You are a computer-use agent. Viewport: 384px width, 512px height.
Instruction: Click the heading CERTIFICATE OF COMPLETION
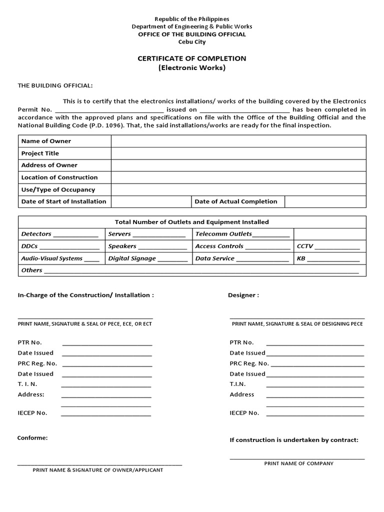pyautogui.click(x=192, y=58)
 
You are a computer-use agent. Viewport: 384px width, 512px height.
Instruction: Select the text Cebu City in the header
pyautogui.click(x=192, y=42)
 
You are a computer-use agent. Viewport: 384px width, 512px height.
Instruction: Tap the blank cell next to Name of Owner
pyautogui.click(x=238, y=141)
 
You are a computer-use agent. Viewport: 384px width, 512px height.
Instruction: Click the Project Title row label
pyautogui.click(x=40, y=153)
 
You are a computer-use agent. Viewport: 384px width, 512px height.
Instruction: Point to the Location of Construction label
pyautogui.click(x=59, y=177)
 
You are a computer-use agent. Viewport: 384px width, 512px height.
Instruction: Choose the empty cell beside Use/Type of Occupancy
pyautogui.click(x=238, y=189)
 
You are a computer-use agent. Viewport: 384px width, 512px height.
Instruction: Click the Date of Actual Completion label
pyautogui.click(x=235, y=201)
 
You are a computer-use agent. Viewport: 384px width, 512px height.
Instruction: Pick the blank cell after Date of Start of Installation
pyautogui.click(x=151, y=201)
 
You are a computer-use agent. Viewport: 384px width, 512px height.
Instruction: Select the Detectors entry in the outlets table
pyautogui.click(x=36, y=234)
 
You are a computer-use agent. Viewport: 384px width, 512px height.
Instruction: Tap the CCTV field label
pyautogui.click(x=305, y=246)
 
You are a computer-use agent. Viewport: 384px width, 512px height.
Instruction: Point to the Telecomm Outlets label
pyautogui.click(x=223, y=234)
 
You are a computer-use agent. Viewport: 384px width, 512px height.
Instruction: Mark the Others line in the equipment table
pyautogui.click(x=32, y=270)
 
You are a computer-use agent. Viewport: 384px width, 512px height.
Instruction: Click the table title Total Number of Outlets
pyautogui.click(x=192, y=222)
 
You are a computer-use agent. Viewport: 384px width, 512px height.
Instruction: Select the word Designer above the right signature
pyautogui.click(x=243, y=295)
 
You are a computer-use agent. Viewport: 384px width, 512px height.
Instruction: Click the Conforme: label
pyautogui.click(x=33, y=438)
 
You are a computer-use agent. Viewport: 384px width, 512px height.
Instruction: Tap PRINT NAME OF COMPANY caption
pyautogui.click(x=298, y=463)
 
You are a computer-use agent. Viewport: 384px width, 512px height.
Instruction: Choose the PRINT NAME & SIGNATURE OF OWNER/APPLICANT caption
pyautogui.click(x=97, y=470)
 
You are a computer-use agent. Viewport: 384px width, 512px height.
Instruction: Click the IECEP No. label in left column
pyautogui.click(x=32, y=413)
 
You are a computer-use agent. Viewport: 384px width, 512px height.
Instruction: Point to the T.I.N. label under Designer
pyautogui.click(x=238, y=384)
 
